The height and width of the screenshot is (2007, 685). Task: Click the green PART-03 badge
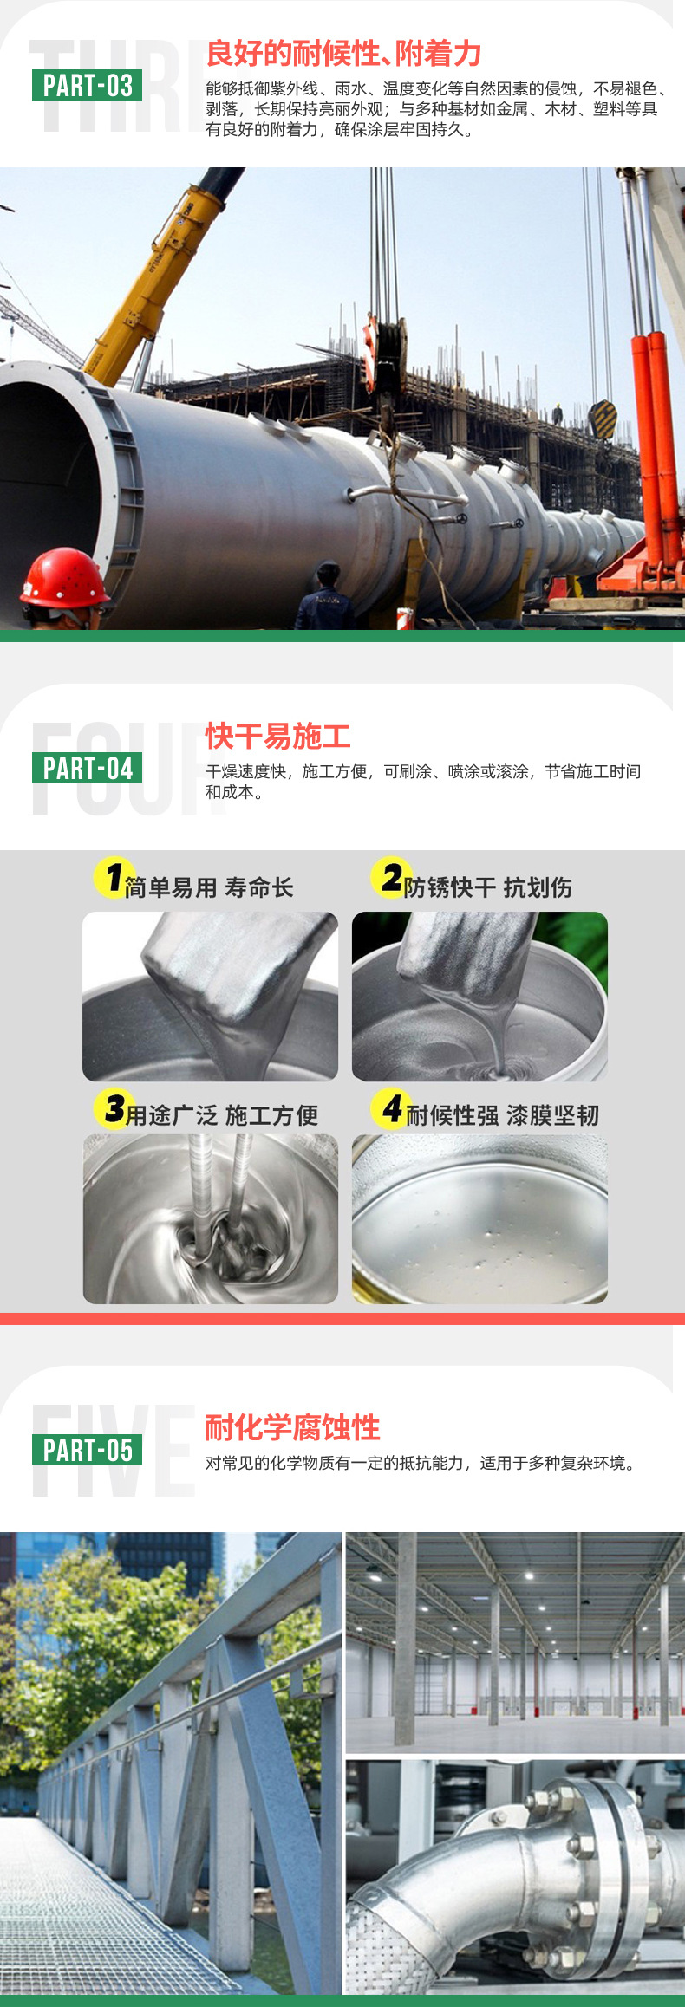87,85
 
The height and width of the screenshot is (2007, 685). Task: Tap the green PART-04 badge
87,768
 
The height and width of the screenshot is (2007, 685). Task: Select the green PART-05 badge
87,1450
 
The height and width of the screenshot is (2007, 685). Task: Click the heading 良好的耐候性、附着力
343,54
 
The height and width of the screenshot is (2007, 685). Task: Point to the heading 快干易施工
277,737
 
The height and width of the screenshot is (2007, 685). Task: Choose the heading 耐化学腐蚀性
292,1427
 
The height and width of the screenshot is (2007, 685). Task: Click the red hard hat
64,577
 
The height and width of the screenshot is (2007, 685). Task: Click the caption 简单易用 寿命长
209,887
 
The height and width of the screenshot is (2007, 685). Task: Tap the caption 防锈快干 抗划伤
487,887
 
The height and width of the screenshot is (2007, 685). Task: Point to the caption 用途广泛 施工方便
222,1115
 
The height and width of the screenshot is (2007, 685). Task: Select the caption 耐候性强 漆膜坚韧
503,1115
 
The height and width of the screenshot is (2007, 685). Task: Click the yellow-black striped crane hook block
603,419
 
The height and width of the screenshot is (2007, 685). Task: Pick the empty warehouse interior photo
515,1642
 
